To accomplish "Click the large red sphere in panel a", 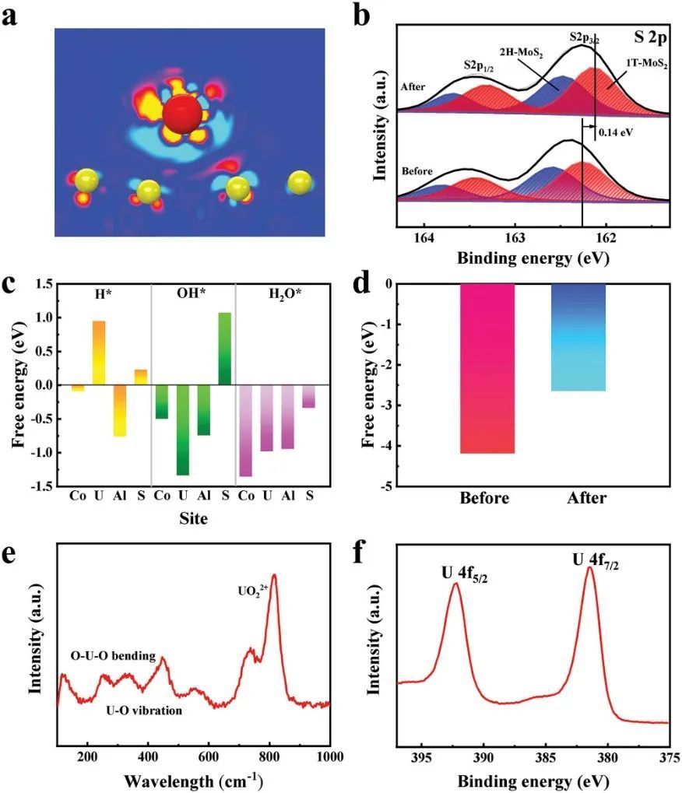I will click(181, 114).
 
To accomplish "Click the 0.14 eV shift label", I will click(616, 132).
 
